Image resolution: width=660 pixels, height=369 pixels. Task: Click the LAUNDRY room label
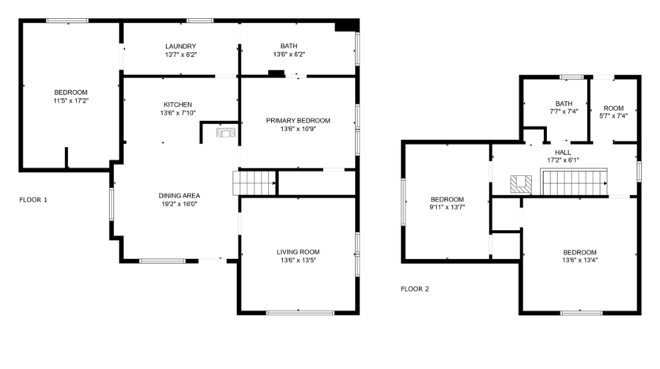[x=180, y=46]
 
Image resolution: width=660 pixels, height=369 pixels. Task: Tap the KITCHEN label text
[x=177, y=104]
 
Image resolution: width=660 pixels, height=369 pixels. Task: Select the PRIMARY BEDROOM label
[x=297, y=120]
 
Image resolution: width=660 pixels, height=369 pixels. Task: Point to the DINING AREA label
[x=179, y=195]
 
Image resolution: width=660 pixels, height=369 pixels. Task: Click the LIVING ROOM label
[x=298, y=252]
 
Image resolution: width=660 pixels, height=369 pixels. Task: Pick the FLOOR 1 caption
[x=33, y=200]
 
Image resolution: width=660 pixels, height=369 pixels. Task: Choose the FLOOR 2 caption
[x=414, y=288]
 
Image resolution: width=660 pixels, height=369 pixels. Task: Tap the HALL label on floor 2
[x=563, y=152]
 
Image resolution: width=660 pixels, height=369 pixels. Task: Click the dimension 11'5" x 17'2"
[x=70, y=101]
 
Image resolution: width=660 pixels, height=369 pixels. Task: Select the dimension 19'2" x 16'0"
[x=179, y=204]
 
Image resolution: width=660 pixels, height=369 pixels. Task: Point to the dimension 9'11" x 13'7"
[x=447, y=208]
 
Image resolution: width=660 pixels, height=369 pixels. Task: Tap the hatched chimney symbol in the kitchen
[x=226, y=133]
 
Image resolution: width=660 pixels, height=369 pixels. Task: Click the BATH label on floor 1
[x=289, y=46]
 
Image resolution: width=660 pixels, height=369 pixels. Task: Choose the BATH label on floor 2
[x=564, y=103]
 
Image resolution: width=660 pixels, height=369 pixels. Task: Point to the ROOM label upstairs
[x=613, y=107]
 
